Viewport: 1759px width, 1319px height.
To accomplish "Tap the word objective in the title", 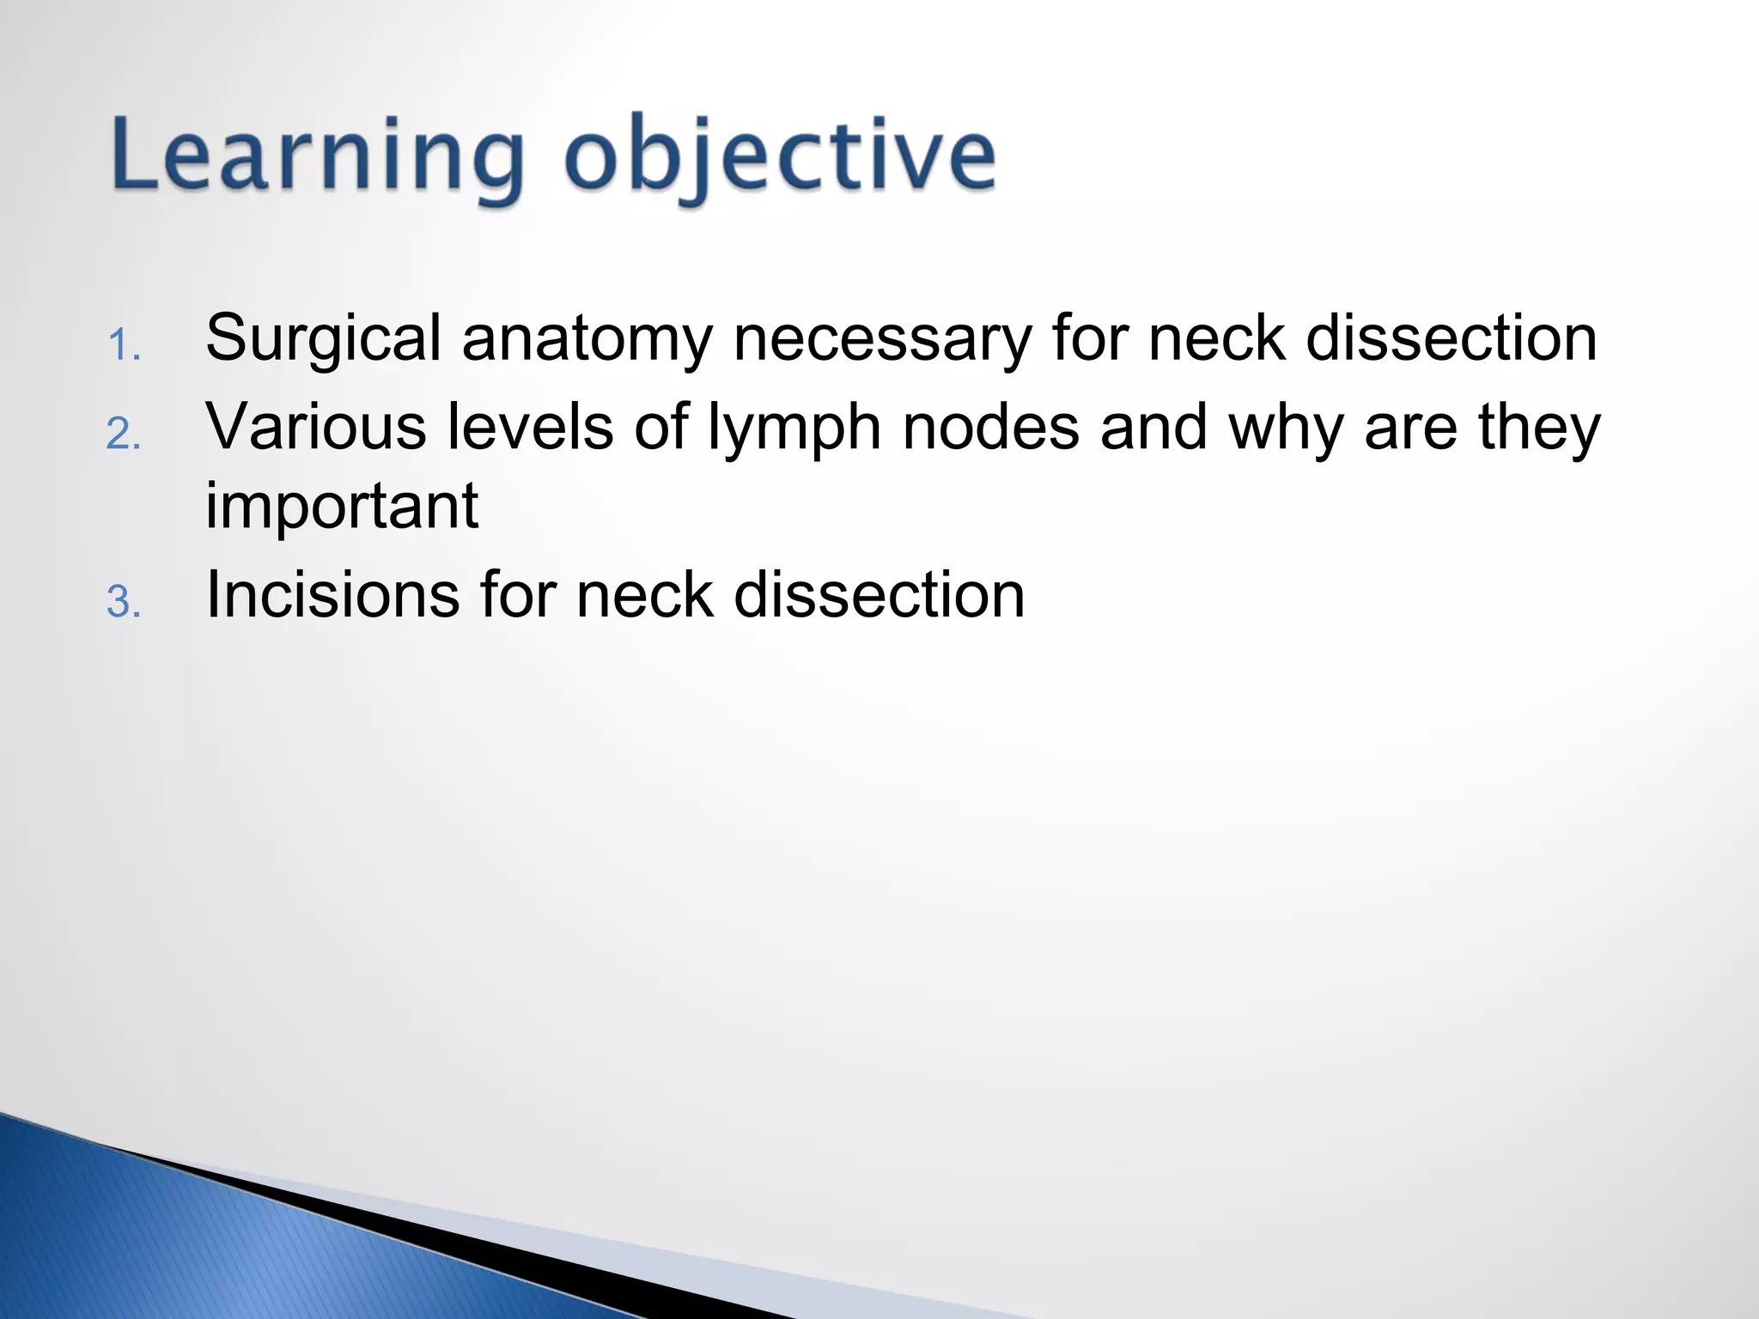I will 780,159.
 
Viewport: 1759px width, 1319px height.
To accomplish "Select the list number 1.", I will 124,347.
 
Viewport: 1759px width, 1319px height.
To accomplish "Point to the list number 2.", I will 124,435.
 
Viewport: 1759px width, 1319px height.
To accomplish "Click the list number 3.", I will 124,602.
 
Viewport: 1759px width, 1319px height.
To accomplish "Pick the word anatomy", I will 587,339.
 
